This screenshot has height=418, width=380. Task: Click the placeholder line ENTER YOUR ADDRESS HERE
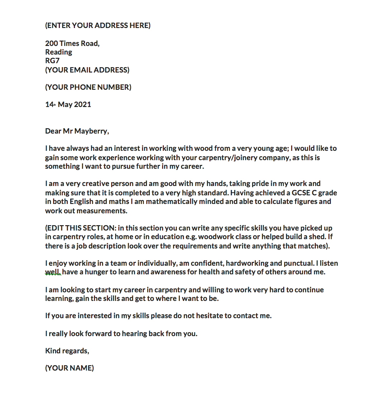[x=98, y=25]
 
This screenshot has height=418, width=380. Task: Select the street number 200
[x=51, y=43]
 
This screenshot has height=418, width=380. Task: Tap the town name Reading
[x=58, y=52]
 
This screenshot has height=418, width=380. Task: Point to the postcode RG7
[x=52, y=61]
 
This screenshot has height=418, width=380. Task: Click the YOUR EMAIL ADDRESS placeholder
[x=87, y=70]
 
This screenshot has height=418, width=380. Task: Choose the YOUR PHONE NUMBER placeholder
[x=88, y=87]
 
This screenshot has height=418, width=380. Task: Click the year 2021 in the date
[x=82, y=104]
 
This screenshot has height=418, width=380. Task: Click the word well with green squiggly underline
[x=52, y=272]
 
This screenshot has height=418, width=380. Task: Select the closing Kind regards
[x=67, y=351]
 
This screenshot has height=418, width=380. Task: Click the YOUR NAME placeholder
[x=70, y=368]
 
